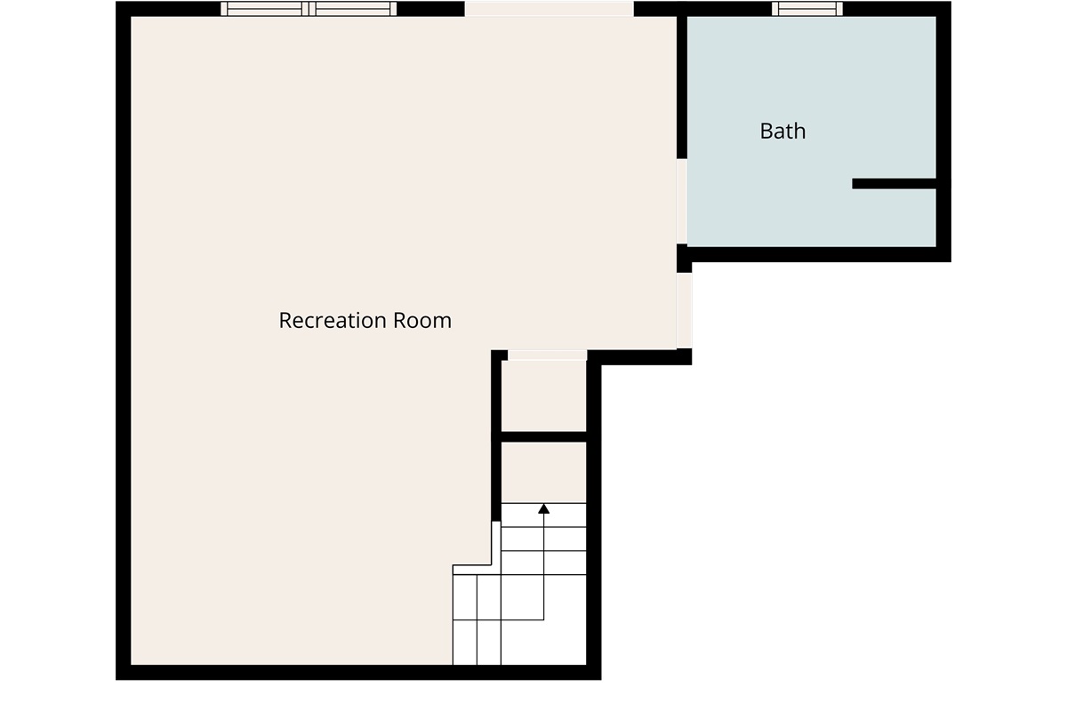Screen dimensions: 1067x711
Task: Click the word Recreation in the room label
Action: pos(333,321)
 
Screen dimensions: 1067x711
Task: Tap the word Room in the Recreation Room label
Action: pos(422,321)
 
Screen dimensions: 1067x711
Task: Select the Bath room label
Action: pos(782,131)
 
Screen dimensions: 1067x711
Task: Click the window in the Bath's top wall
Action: pos(807,9)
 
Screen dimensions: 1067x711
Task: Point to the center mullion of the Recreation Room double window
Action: pos(309,9)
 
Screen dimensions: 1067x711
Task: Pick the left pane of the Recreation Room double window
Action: pos(265,9)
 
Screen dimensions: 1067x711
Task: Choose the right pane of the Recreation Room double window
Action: pos(353,9)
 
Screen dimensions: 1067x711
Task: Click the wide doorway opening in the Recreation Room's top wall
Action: pos(549,9)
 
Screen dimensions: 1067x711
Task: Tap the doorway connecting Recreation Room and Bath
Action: pos(682,202)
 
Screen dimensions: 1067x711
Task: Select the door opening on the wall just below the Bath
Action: pos(684,310)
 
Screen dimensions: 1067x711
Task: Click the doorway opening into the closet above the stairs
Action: pos(548,355)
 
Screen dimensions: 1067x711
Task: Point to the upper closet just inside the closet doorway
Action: pos(544,396)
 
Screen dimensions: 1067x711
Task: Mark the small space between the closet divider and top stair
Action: pos(544,473)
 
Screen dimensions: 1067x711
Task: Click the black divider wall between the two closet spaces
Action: pos(544,436)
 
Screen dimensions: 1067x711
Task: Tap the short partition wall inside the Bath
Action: pos(895,183)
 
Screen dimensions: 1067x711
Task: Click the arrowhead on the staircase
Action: pos(543,509)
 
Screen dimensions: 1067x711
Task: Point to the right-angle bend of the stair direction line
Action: pos(543,620)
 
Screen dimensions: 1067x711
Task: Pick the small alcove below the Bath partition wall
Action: pos(895,218)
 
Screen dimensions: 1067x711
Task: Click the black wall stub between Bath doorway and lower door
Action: pos(684,258)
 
